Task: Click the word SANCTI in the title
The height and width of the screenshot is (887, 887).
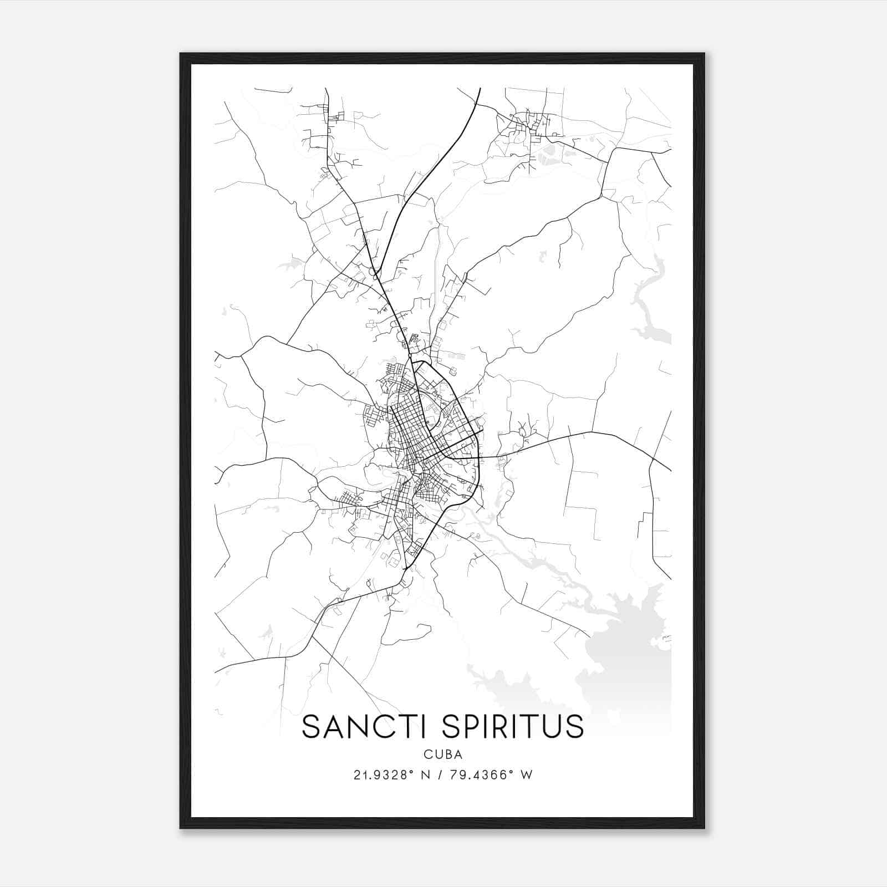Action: click(361, 727)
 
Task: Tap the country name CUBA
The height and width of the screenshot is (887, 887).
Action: click(443, 755)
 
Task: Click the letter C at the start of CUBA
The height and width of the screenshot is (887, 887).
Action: click(427, 755)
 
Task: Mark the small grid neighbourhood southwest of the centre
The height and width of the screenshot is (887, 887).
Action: click(349, 499)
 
